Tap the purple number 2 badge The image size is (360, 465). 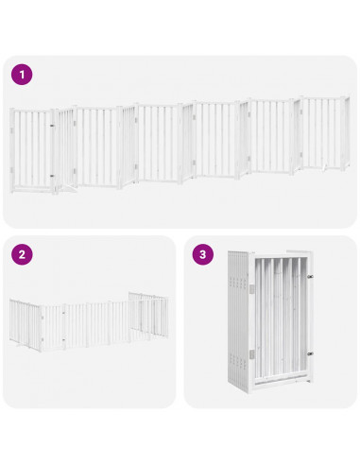point(21,254)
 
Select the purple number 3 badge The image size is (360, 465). point(202,254)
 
